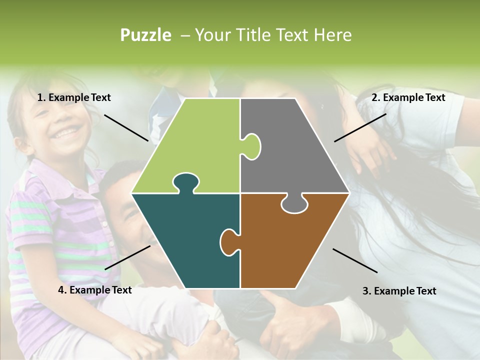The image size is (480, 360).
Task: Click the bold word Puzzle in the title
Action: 145,35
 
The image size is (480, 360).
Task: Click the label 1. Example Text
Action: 74,98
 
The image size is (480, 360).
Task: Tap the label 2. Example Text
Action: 408,98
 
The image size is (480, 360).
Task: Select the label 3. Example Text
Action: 399,291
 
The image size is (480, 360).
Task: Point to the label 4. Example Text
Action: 94,290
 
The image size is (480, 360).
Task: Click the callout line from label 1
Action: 126,127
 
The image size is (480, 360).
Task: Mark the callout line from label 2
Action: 360,127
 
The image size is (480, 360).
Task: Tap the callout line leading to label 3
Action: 355,260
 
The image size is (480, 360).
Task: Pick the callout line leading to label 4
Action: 127,257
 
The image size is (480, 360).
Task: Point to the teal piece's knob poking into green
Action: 185,181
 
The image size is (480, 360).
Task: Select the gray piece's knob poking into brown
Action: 294,204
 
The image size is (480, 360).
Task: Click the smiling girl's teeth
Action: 67,132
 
